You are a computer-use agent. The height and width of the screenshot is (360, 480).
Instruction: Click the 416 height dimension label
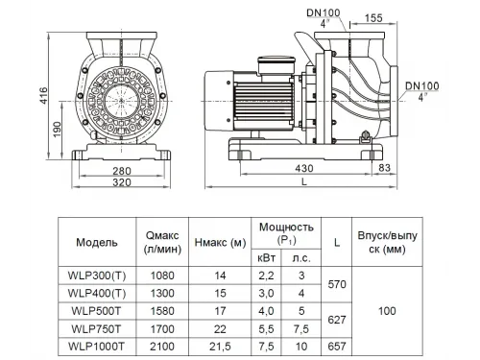point(42,95)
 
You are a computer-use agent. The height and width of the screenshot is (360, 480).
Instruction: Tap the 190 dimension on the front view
point(57,130)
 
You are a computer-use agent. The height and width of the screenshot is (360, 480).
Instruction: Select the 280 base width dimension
point(122,171)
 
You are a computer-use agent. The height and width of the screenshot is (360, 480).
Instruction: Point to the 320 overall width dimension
point(122,182)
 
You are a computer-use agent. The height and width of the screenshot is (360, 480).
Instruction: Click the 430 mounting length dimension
point(304,168)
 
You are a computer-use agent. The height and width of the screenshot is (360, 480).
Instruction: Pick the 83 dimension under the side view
point(384,168)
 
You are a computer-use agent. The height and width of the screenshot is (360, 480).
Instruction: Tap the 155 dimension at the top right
point(373,17)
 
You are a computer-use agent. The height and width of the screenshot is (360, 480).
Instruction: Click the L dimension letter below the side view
point(304,181)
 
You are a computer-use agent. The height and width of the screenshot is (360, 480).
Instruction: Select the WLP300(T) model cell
point(97,276)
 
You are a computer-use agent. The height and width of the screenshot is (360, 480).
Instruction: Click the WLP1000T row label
point(96,347)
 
